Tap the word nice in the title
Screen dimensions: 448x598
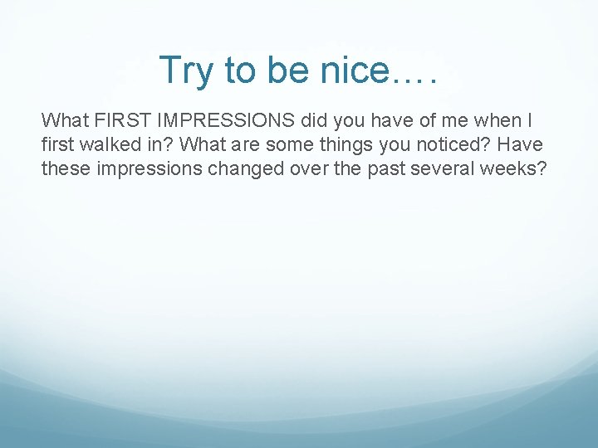(x=349, y=71)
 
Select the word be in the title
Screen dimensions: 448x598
(x=287, y=71)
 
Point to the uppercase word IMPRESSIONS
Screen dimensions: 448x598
(x=223, y=121)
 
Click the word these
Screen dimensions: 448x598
(x=65, y=168)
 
